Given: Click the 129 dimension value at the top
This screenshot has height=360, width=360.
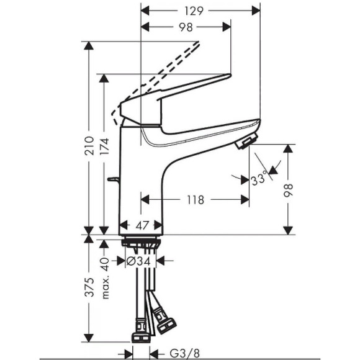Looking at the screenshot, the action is click(194, 11).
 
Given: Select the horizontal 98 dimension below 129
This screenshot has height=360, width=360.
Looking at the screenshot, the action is click(186, 27).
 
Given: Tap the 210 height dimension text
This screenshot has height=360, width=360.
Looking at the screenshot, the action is click(89, 146).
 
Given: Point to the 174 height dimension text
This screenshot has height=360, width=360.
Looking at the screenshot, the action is click(104, 146).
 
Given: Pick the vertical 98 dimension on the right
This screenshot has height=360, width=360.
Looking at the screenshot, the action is click(288, 191).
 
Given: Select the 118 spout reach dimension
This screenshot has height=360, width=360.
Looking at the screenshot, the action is click(196, 200).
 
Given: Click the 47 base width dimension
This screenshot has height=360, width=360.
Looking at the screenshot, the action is click(142, 225).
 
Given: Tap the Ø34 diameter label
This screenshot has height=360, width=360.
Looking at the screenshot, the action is click(138, 261).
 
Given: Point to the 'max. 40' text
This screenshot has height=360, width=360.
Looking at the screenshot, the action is click(105, 278).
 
